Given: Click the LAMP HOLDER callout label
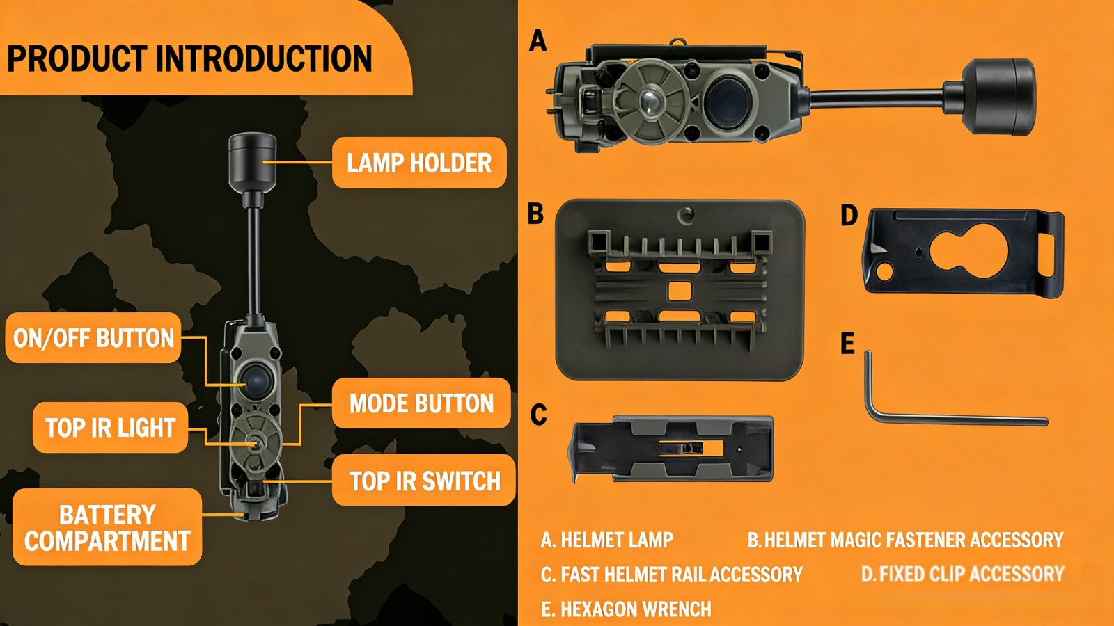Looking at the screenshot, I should coord(419,163).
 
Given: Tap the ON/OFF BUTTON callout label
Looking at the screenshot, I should coord(93,338).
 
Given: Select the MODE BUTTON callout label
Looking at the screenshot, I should coord(421,403).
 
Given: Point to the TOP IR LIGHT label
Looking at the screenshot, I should coord(110,428).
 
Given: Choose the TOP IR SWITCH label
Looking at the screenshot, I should coord(424,481).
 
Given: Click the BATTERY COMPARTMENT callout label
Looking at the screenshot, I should coord(107,527).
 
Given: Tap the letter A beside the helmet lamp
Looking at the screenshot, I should coord(538,41).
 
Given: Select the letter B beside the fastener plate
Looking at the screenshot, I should coord(535,214).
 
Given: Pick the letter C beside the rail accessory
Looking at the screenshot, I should coord(538,415).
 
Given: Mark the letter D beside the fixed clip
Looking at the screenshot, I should coord(849,216).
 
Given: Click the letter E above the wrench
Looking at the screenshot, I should coord(847,344).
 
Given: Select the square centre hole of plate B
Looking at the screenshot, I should coord(679,290).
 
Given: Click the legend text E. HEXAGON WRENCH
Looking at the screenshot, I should coord(626,609).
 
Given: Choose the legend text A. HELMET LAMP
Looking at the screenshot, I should coord(606,540).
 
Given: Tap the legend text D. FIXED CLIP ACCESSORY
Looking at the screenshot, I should coord(962,574).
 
